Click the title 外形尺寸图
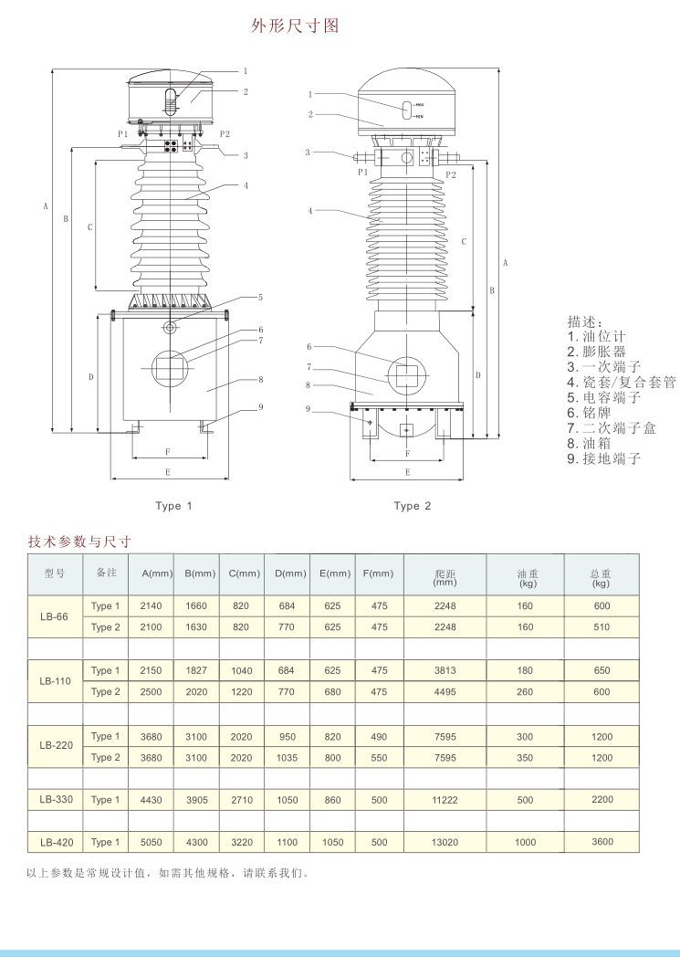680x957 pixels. coord(295,26)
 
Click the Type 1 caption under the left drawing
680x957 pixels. coord(174,506)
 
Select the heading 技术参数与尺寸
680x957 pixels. coord(80,542)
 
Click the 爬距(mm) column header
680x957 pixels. coord(445,576)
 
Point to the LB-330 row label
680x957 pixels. coord(57,799)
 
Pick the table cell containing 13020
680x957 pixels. coord(445,842)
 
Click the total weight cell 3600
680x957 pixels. coord(602,842)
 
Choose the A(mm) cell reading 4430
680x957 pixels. coord(151,799)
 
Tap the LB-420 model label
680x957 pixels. coord(57,842)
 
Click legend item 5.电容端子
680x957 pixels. coord(604,397)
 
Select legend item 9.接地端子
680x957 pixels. coord(604,458)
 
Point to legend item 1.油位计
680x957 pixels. coord(597,336)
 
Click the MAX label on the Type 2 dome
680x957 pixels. coord(420,106)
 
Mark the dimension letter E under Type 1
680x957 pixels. coord(167,472)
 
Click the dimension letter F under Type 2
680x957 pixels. coord(406,453)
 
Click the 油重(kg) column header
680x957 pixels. coord(527,576)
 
